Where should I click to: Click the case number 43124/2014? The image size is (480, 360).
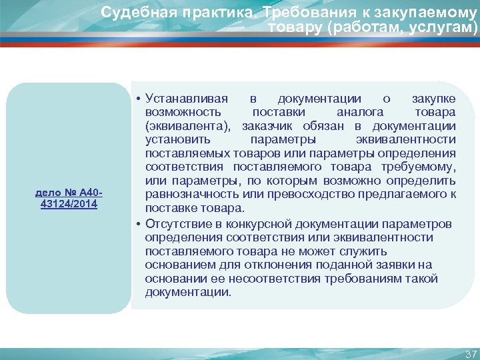click(69, 204)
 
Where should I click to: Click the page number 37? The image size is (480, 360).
click(471, 353)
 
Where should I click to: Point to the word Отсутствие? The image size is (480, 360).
click(179, 223)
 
